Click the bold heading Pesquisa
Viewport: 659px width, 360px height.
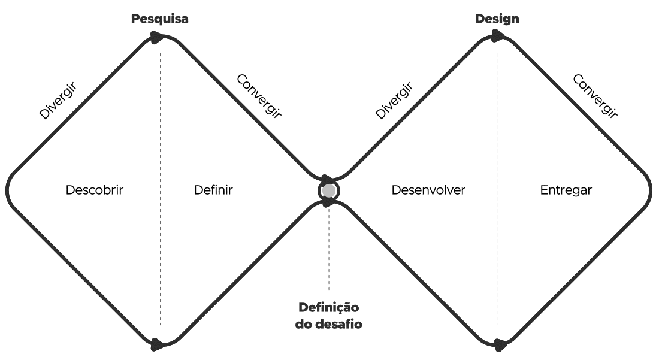[x=160, y=19]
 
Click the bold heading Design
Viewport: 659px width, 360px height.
[x=497, y=19]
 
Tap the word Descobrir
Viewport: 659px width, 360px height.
[x=95, y=190]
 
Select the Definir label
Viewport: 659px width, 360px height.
[x=213, y=190]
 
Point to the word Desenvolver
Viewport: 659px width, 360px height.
[x=428, y=190]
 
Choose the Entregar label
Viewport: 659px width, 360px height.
[x=566, y=190]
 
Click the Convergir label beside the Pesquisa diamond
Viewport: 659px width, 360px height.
[x=259, y=95]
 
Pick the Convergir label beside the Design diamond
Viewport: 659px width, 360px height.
[x=595, y=95]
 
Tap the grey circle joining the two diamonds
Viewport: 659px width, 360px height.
[x=328, y=190]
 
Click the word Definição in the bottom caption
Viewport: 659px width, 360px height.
[x=328, y=308]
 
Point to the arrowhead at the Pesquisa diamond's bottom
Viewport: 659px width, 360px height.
[x=158, y=344]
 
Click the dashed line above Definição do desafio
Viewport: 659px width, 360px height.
[x=328, y=252]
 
